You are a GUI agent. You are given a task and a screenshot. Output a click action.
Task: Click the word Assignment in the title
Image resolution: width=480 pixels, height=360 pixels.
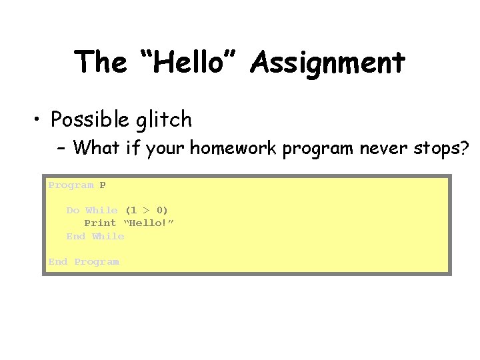click(x=328, y=63)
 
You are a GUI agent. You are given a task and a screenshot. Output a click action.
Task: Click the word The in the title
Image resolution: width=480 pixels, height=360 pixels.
click(x=100, y=63)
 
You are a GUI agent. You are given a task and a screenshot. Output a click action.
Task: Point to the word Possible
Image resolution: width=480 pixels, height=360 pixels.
click(x=91, y=120)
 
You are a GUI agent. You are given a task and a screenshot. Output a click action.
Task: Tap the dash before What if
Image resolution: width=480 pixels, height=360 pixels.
click(x=61, y=147)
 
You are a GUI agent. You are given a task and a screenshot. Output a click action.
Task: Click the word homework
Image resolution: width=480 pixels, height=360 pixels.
click(x=234, y=147)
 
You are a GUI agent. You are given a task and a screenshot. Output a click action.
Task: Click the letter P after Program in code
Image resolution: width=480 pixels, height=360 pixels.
click(x=103, y=185)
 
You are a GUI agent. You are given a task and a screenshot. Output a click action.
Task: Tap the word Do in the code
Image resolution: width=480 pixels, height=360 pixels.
click(x=73, y=210)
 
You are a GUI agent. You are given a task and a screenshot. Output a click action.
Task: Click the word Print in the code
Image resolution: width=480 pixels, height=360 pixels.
click(x=100, y=223)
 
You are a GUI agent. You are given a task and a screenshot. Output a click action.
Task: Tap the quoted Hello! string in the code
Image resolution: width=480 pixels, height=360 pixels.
click(x=148, y=223)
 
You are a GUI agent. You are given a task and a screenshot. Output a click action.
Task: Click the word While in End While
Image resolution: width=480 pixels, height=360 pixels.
click(x=108, y=236)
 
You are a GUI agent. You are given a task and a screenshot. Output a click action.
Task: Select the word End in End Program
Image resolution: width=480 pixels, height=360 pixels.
click(x=57, y=262)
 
